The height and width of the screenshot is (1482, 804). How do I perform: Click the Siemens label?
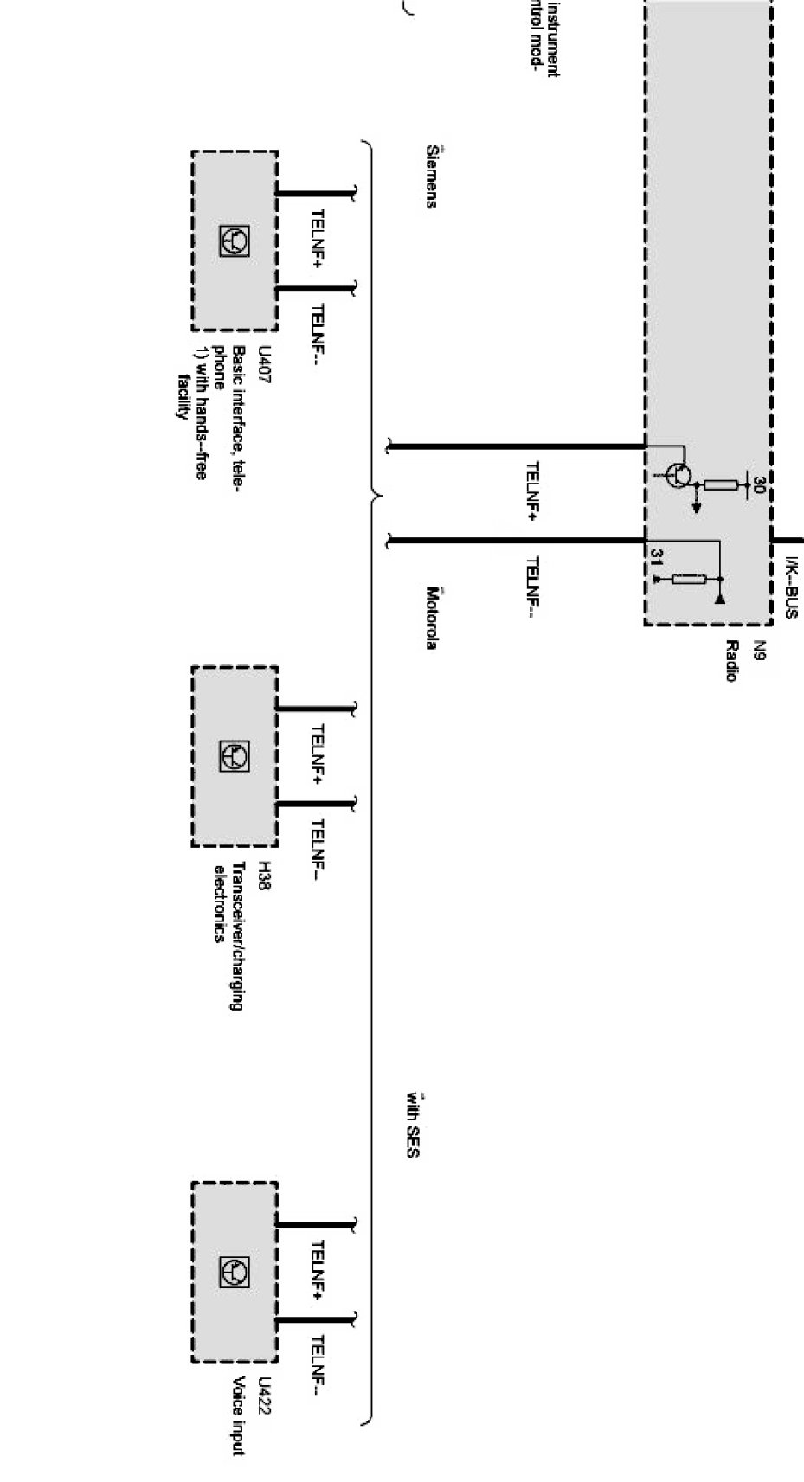click(x=431, y=176)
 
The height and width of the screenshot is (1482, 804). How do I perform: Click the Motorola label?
click(x=431, y=618)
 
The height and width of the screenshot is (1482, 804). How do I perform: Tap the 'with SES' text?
click(x=412, y=1126)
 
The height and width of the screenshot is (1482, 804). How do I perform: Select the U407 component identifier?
click(x=265, y=367)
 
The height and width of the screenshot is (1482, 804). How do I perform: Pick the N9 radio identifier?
click(x=759, y=651)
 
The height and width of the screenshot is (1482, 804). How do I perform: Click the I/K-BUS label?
click(x=790, y=588)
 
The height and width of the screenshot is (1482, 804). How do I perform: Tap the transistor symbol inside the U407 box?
click(x=235, y=241)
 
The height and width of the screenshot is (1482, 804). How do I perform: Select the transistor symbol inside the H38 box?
click(x=235, y=757)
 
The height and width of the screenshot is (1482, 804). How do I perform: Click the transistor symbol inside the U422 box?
click(x=235, y=1272)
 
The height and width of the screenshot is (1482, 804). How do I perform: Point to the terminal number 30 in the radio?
click(x=758, y=484)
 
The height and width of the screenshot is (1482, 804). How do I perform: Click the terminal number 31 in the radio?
click(x=657, y=558)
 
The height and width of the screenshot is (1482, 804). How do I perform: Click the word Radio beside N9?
click(x=731, y=661)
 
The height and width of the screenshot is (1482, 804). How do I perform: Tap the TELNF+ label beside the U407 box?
click(x=317, y=238)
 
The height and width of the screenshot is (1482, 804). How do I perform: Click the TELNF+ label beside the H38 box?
click(x=317, y=754)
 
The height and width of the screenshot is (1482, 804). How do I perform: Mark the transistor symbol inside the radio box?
click(x=679, y=475)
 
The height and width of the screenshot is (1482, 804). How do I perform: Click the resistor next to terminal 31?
click(x=689, y=578)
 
